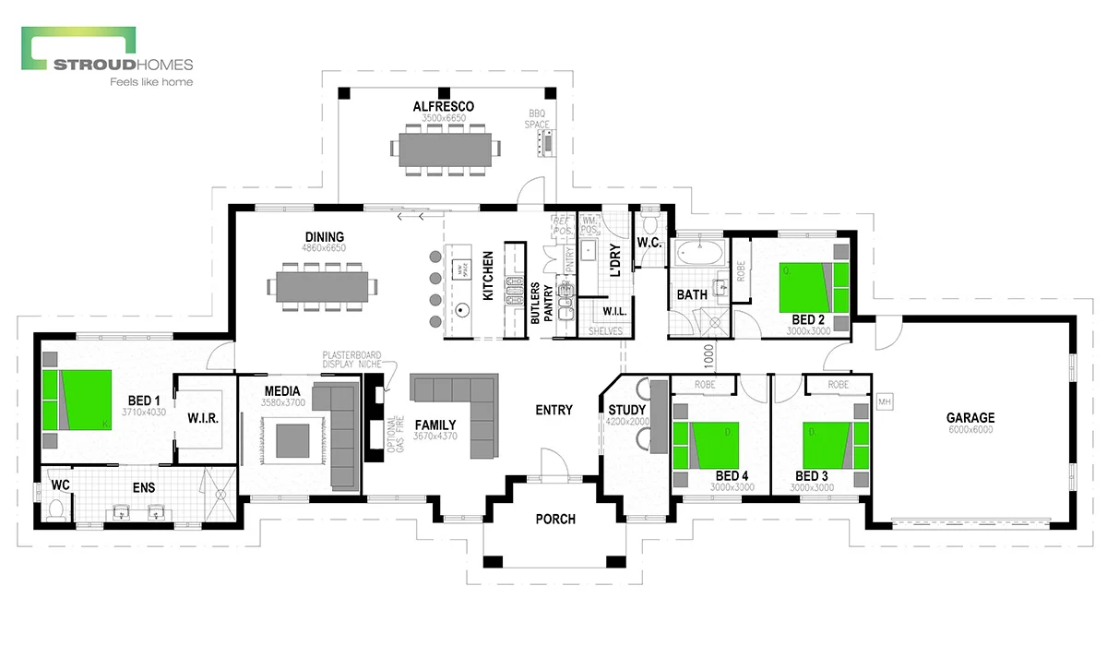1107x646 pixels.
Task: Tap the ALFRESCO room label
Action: pos(443,107)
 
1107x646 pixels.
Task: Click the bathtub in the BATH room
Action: pos(701,253)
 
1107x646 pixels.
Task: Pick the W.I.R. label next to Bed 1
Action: pos(202,419)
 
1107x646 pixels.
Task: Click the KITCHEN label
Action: pos(488,274)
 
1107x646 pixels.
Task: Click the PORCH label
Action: pos(555,520)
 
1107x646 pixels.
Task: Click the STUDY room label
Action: pos(628,409)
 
